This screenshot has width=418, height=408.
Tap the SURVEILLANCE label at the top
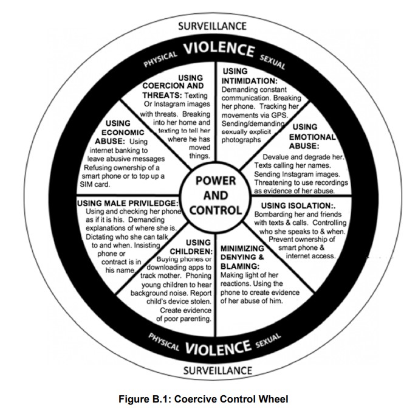pos(213,26)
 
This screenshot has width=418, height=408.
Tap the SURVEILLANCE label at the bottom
pos(212,369)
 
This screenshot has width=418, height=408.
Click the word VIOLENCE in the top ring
pos(219,49)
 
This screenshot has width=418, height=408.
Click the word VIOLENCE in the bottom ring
pos(218,348)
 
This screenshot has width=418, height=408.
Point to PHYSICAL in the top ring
pos(160,58)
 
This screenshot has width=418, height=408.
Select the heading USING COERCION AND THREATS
pos(177,86)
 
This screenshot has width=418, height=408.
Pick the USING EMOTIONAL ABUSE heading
pos(312,137)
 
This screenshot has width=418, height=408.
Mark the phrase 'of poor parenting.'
pos(183,318)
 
